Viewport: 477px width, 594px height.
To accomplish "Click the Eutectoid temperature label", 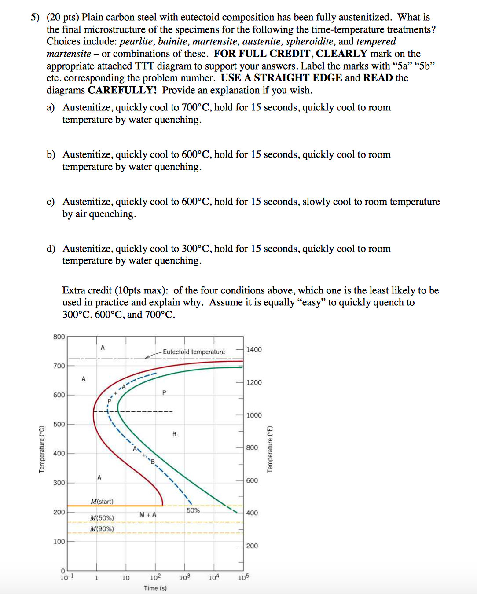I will point(194,352).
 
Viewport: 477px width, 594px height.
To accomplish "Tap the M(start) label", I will point(102,502).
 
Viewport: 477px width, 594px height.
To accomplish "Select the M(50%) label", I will point(102,518).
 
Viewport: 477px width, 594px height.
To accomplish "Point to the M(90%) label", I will point(102,529).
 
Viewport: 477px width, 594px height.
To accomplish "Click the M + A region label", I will point(148,515).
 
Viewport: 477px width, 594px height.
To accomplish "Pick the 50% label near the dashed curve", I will point(193,510).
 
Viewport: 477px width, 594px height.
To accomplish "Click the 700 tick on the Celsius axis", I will point(59,366).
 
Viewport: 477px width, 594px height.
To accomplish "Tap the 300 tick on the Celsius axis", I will point(59,483).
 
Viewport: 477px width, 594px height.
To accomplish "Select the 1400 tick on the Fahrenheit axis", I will point(254,350).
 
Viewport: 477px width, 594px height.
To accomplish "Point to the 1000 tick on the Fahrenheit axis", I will point(254,415).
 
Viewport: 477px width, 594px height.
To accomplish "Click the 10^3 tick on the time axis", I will point(185,577).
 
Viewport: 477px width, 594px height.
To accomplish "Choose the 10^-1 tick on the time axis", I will point(67,577).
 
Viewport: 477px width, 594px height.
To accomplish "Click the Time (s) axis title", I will point(155,588).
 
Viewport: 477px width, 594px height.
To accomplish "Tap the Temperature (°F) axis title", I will point(270,449).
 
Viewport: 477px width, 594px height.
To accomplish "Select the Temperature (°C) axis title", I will point(42,449).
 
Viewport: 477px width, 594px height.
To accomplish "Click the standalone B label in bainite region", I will point(174,434).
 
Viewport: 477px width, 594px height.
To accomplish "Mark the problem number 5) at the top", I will point(35,17).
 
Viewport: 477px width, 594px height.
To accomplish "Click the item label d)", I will point(51,249).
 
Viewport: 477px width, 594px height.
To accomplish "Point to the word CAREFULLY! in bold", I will point(122,90).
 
